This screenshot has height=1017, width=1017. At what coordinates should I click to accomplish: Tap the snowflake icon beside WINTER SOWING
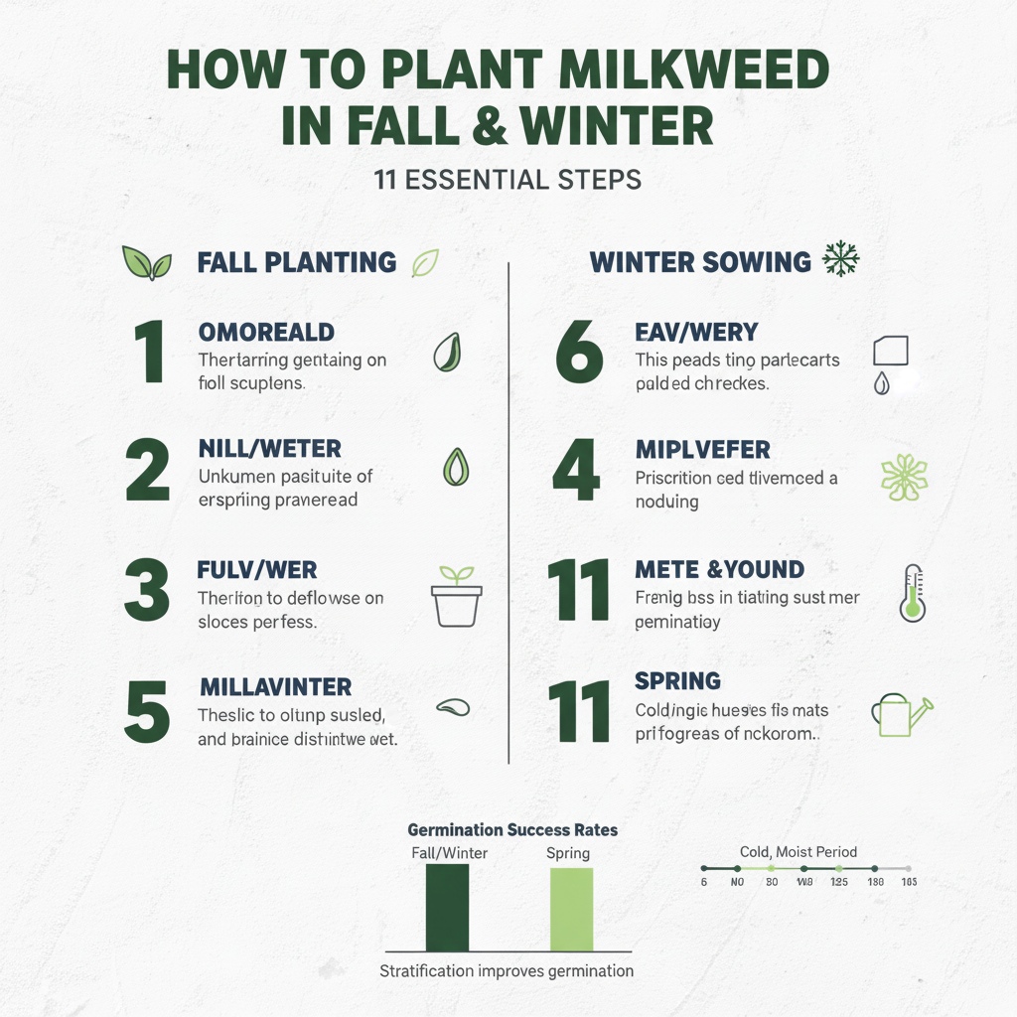coord(841,260)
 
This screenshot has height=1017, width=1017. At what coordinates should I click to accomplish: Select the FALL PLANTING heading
coord(296,262)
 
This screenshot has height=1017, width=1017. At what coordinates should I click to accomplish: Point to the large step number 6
coord(579,353)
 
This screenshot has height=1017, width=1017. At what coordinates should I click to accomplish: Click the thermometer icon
coord(912,593)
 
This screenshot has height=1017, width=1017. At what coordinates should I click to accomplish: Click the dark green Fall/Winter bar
coord(447,908)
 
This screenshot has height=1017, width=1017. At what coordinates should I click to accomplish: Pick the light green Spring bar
coord(571,910)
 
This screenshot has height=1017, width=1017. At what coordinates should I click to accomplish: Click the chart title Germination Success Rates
coord(512,829)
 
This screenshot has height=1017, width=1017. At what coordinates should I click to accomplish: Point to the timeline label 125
coord(839,882)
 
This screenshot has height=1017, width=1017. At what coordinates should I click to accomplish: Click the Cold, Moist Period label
coord(799,851)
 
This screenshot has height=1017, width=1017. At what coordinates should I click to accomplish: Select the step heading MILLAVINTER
coord(275,687)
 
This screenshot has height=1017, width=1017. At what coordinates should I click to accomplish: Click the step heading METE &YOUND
coord(719,570)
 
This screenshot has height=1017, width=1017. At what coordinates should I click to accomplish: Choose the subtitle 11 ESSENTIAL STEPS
coord(508,181)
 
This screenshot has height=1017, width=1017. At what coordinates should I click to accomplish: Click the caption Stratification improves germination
coord(507,970)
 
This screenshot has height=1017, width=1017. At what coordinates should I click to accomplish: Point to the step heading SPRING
coord(677,681)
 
